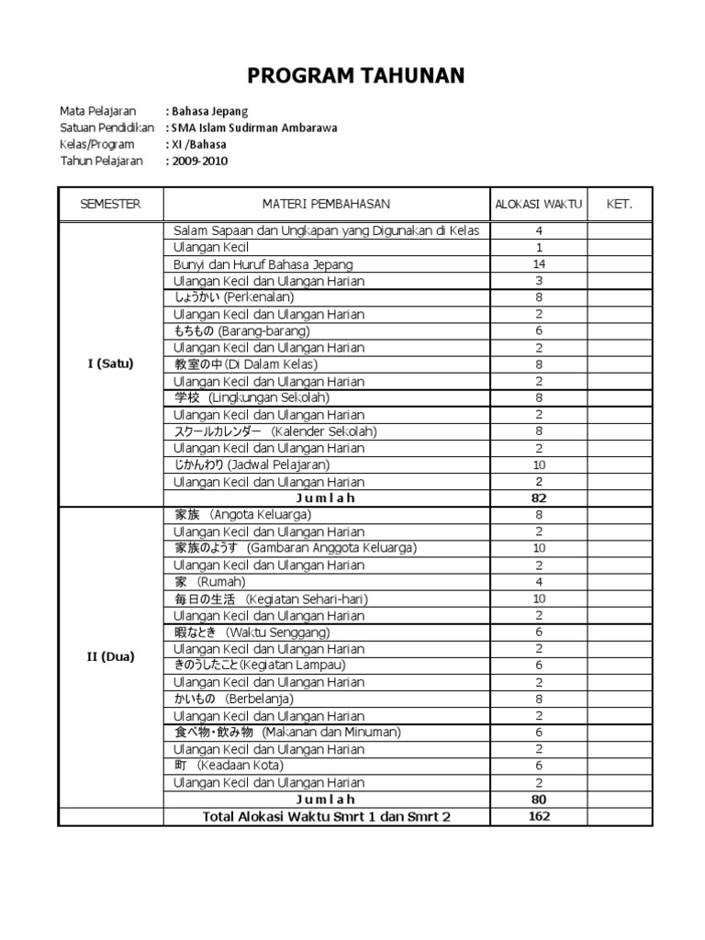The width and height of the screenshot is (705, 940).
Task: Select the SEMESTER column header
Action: click(110, 204)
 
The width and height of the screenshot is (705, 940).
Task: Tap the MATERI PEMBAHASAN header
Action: click(326, 204)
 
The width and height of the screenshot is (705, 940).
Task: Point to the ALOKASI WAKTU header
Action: click(539, 204)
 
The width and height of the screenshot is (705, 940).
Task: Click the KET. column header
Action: click(620, 204)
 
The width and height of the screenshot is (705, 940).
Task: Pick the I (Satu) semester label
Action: click(110, 364)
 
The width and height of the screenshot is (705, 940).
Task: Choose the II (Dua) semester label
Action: click(110, 657)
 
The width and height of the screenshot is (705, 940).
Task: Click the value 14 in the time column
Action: click(539, 264)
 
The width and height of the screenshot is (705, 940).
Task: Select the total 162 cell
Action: click(539, 816)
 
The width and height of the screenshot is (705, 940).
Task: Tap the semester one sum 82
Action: click(539, 498)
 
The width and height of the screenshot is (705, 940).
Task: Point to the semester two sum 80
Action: click(539, 800)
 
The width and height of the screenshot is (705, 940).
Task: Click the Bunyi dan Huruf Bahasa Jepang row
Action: click(263, 264)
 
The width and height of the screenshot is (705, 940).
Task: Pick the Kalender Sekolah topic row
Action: click(275, 431)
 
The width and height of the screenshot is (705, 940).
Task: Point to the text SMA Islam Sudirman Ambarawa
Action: click(254, 129)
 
